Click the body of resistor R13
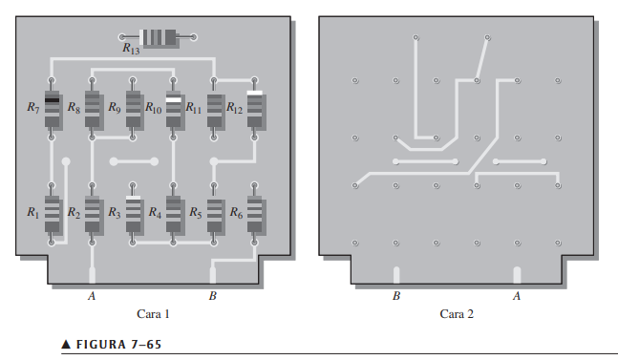coord(158,37)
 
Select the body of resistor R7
coord(52,109)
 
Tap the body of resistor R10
coord(173,109)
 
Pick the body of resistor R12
coord(255,109)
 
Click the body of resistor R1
coord(52,214)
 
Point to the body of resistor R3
coord(133,214)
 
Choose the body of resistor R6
coord(255,214)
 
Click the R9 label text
coord(115,107)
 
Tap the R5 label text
coord(196,213)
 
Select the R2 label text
coord(74,213)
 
